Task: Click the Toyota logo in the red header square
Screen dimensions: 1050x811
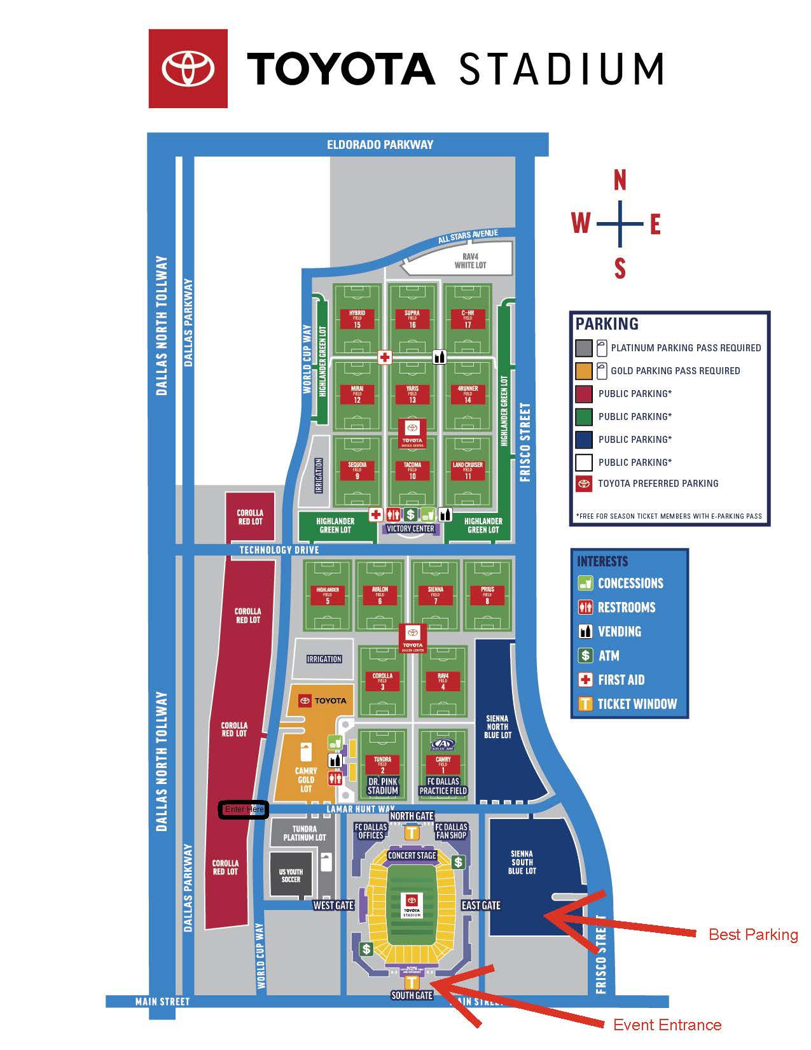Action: (188, 68)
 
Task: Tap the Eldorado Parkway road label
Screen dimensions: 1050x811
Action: (380, 144)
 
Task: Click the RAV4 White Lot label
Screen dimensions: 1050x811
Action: (470, 260)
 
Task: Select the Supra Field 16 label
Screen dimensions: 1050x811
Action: (412, 319)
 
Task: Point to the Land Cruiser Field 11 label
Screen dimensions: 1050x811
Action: (468, 470)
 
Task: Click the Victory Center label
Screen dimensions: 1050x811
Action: (410, 529)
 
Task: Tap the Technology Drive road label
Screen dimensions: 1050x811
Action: (279, 550)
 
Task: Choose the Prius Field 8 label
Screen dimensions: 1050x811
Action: (487, 595)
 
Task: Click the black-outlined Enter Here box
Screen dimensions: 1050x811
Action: (244, 809)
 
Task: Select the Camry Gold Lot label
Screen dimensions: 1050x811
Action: (306, 780)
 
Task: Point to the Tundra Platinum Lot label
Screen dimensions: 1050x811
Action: (304, 833)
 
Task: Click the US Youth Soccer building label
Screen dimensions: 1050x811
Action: (291, 876)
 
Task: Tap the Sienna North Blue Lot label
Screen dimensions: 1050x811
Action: (497, 727)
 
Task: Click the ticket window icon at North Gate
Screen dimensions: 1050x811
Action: (412, 832)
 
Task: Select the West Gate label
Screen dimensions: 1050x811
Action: (333, 905)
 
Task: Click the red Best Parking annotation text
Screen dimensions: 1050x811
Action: (753, 934)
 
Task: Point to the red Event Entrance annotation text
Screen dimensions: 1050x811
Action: (667, 1025)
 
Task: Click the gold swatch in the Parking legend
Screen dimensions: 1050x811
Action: (583, 370)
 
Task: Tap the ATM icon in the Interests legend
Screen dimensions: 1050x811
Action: (585, 655)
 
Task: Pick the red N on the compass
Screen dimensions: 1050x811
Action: (620, 181)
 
